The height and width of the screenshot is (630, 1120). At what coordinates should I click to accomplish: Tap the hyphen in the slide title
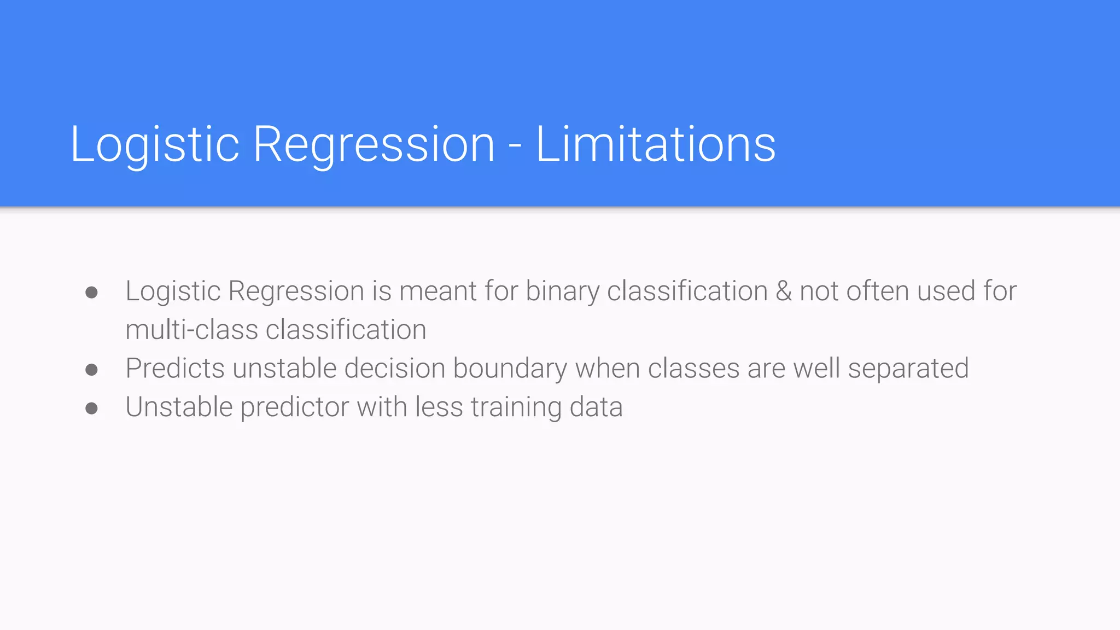coord(515,147)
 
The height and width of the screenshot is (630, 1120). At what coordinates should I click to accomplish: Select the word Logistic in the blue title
coord(155,145)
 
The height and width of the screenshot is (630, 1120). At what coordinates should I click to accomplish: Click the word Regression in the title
coord(374,145)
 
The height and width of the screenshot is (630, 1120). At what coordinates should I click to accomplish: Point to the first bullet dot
coord(92,293)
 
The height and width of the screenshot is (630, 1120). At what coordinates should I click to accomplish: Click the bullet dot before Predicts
coord(92,370)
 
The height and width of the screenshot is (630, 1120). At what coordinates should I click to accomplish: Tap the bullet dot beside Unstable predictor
coord(92,409)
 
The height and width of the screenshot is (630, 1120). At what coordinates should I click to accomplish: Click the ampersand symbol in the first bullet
coord(784,290)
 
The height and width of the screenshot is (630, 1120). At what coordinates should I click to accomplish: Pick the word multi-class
coord(191,330)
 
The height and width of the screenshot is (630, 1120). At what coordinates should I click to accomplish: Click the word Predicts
coord(175,368)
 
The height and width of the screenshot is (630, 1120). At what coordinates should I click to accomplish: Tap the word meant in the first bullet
coord(438,291)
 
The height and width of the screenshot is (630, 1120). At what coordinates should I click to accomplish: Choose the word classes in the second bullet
coord(693,368)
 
